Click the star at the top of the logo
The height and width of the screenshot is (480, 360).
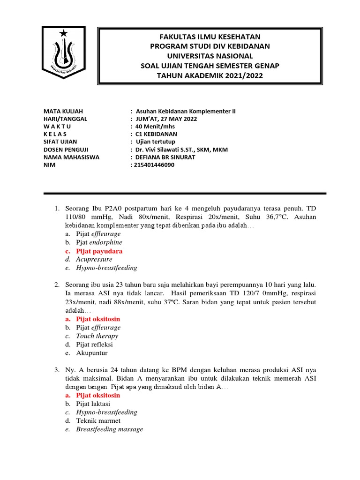point(63,33)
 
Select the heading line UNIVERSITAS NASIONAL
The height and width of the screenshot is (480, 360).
point(210,56)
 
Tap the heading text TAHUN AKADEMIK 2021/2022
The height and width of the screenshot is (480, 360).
point(210,76)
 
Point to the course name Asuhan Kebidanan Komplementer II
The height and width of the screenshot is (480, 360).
point(186,111)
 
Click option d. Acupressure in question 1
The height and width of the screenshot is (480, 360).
point(94,259)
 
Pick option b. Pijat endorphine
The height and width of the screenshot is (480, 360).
point(99,242)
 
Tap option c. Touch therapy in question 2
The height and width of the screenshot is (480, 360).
point(97,336)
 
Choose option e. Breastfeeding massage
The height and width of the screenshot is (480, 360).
point(109,429)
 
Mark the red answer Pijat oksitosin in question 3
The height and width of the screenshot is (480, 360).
point(98,395)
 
